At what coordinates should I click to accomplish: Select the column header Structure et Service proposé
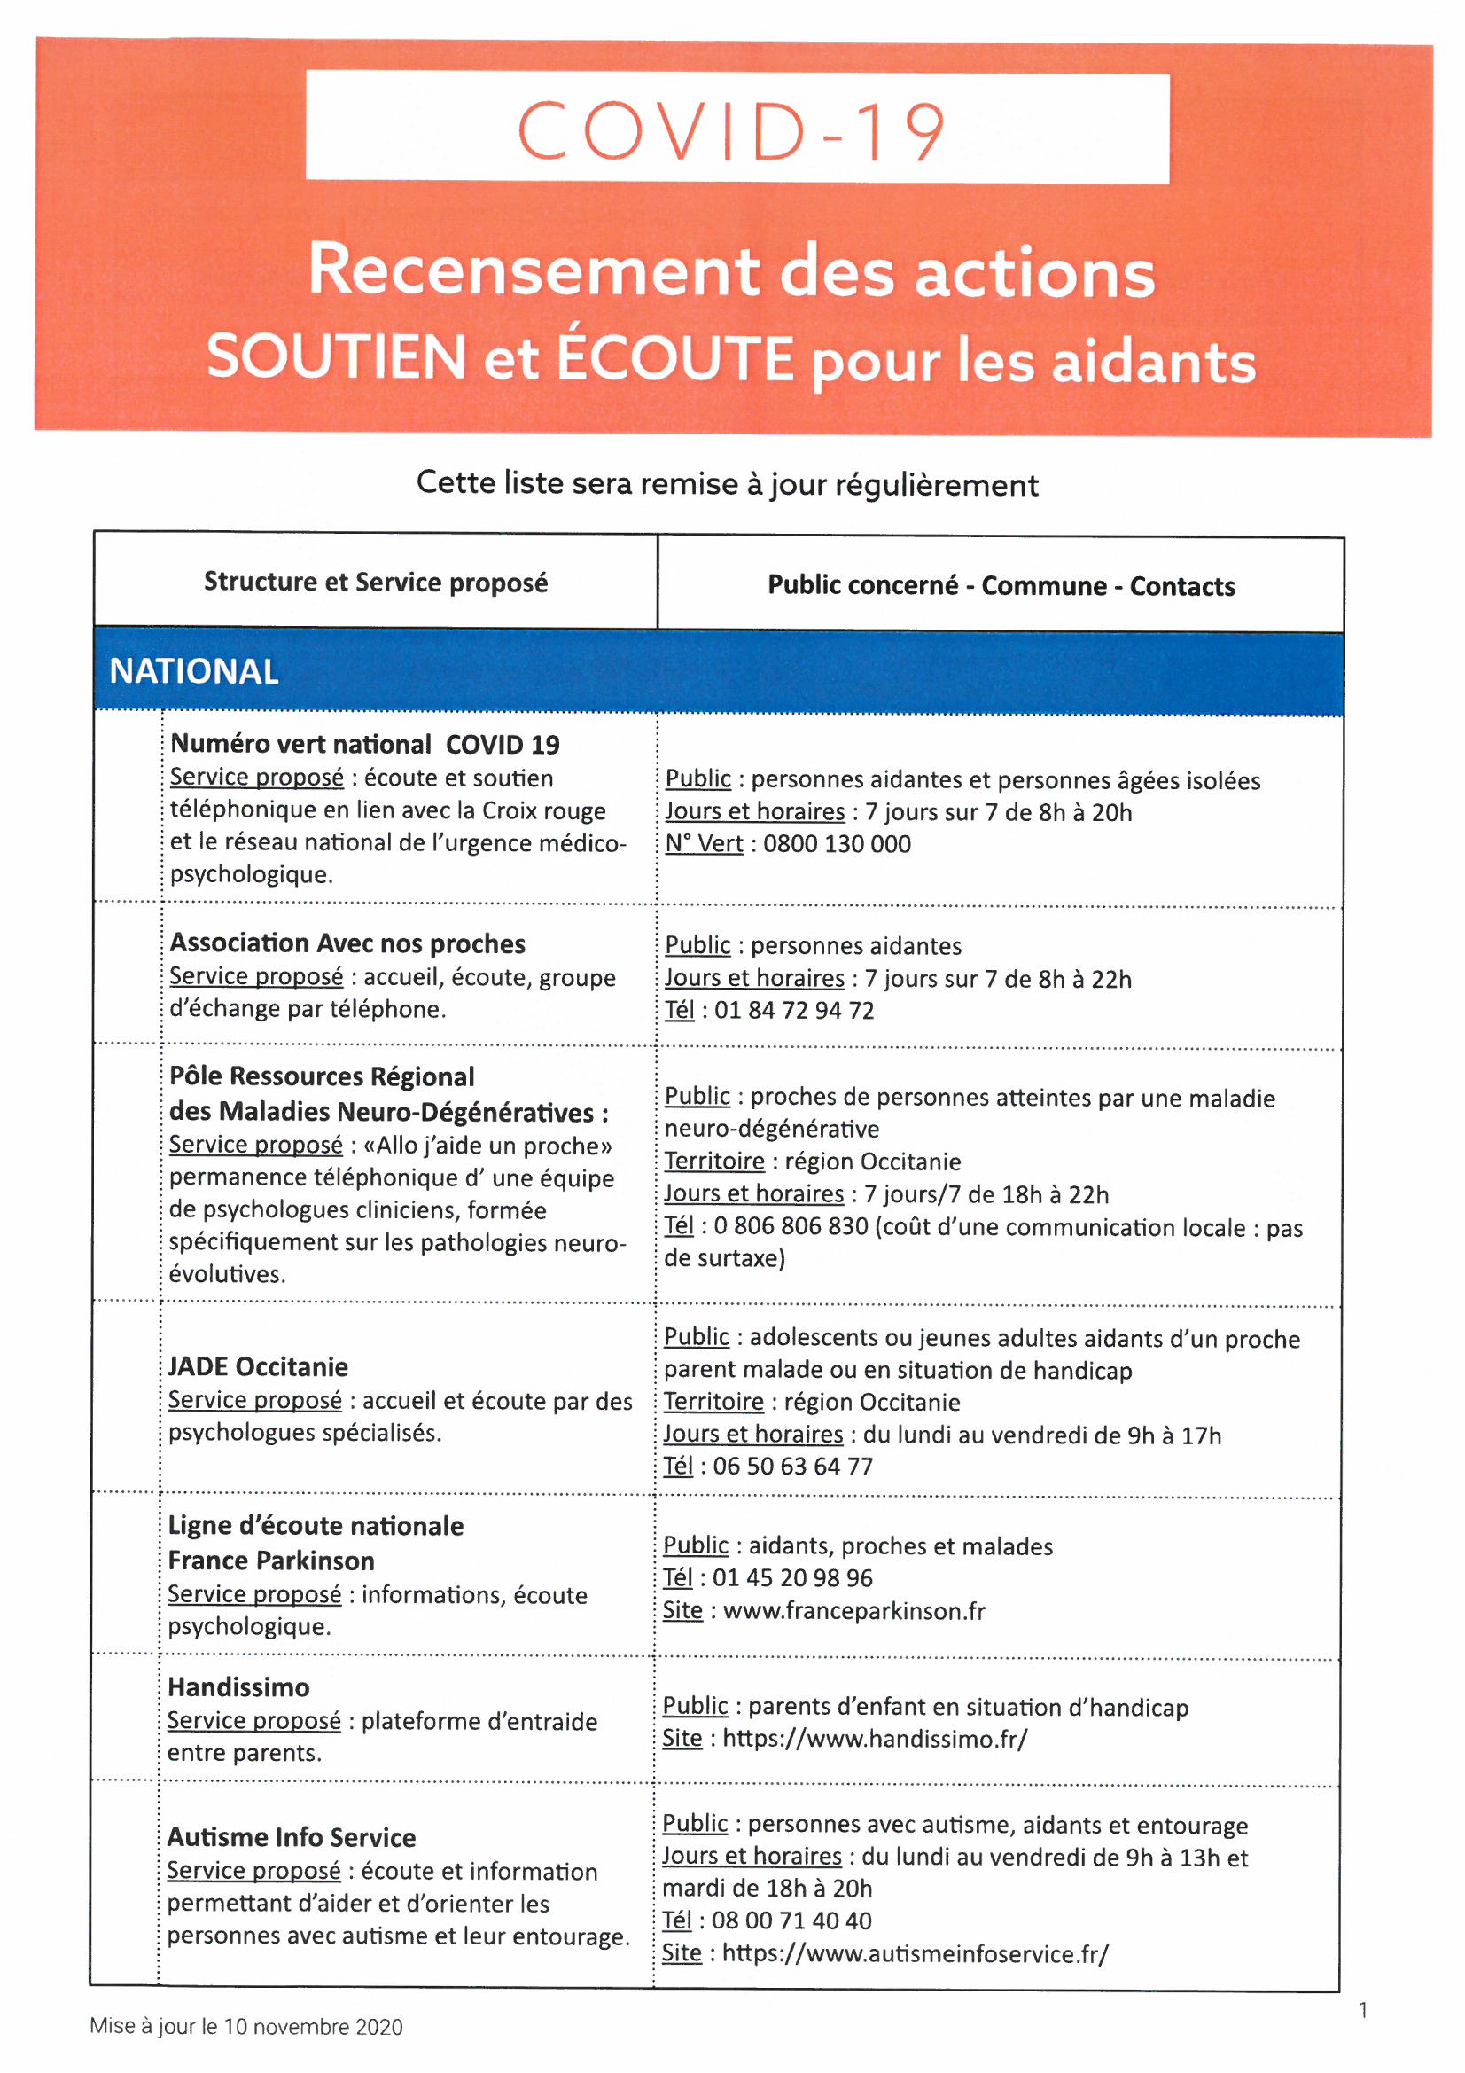pos(376,582)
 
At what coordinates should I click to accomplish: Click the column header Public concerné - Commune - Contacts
pos(1001,585)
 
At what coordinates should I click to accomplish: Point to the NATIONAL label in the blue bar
pos(194,671)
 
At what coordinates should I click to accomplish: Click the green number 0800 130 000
pos(837,843)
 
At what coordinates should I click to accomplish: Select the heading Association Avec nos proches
pos(347,943)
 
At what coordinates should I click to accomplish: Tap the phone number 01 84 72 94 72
pos(794,1009)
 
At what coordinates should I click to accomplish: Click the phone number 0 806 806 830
pos(791,1225)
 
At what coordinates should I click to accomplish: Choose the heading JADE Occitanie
pos(258,1366)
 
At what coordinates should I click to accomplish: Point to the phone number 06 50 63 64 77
pos(792,1466)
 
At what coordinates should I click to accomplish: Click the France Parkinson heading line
pos(271,1561)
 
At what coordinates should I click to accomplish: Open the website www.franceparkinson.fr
pos(853,1611)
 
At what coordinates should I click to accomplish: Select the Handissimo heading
pos(239,1686)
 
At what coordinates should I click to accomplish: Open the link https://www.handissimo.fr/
pos(875,1738)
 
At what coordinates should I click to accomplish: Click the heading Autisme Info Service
pos(292,1837)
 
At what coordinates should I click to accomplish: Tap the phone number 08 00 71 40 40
pos(791,1920)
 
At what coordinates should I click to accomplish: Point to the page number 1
pos(1363,2010)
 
